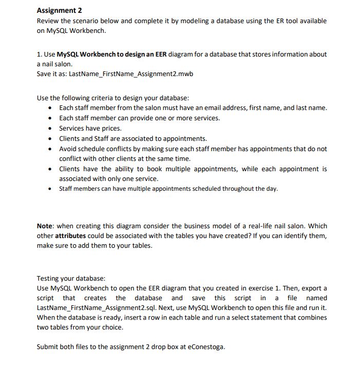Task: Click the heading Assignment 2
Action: click(x=60, y=11)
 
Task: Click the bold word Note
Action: click(x=45, y=226)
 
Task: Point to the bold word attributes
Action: click(x=72, y=236)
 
